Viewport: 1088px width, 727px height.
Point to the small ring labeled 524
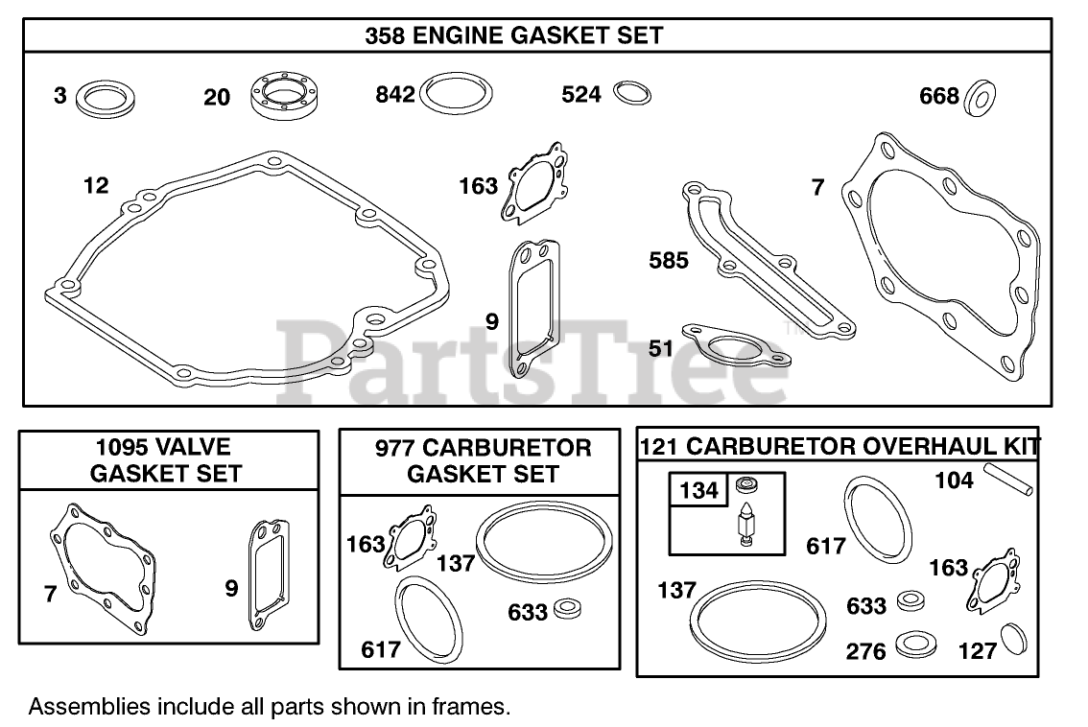coord(631,93)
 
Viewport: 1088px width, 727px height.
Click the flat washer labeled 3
coord(106,97)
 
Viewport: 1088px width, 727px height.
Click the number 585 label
coord(669,260)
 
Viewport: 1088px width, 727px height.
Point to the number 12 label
coord(96,185)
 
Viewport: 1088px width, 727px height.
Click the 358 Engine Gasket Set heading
coord(513,35)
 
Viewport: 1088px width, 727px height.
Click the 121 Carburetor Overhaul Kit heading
coord(839,446)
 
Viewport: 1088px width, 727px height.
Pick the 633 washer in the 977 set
coord(568,608)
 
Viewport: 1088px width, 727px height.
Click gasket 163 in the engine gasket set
coord(530,181)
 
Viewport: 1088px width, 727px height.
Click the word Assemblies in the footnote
coord(88,708)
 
